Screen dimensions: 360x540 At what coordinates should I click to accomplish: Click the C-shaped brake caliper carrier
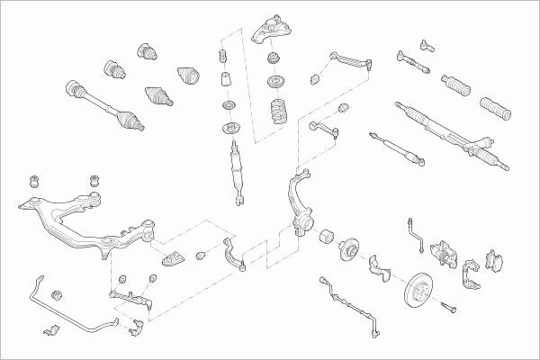pos(470,274)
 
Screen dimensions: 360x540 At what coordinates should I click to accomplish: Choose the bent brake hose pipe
pos(416,231)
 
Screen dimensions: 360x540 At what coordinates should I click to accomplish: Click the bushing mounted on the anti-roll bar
pos(58,293)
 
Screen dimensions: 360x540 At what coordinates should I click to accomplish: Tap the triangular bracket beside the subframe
pos(174,258)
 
